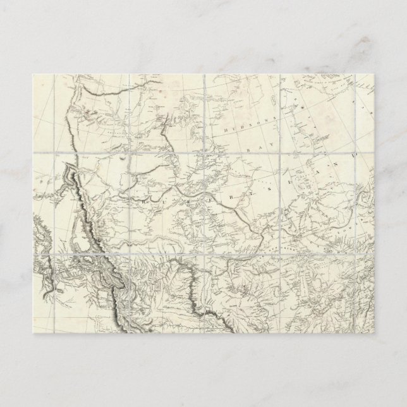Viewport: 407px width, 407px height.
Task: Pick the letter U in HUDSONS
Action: [233, 129]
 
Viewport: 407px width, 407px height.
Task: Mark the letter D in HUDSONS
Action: [240, 129]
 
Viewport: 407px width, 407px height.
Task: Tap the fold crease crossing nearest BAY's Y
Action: [280, 154]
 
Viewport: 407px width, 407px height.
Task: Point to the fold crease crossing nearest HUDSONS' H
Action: [207, 154]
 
